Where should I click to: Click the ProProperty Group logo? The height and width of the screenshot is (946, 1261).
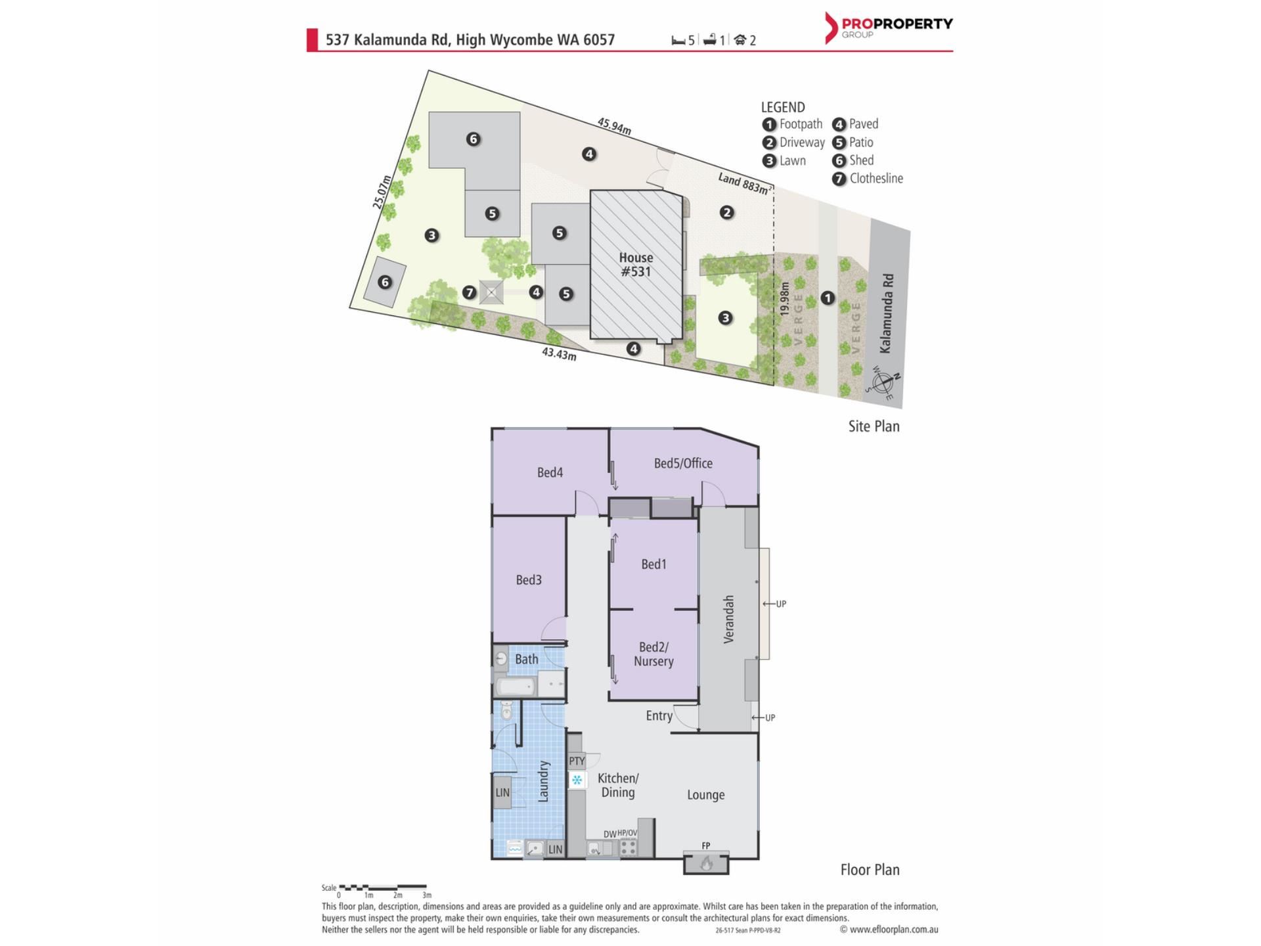888,28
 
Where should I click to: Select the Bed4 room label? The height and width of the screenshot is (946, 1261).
550,472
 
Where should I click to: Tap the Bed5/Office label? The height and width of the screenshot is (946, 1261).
683,463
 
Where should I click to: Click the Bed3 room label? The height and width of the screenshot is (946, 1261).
529,579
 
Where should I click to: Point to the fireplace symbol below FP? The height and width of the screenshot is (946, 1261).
706,863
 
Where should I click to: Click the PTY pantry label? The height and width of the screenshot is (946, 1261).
577,761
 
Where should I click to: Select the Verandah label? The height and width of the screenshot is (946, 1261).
728,619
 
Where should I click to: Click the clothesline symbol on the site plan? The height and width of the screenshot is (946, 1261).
491,292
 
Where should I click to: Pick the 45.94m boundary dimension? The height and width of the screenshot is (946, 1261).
614,125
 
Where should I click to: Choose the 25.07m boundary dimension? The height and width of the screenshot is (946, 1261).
382,192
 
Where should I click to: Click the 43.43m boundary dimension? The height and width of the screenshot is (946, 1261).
559,354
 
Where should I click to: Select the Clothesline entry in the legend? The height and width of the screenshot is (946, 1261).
868,178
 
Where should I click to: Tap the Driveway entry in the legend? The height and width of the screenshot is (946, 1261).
793,142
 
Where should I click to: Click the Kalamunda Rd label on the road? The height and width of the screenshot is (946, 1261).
887,313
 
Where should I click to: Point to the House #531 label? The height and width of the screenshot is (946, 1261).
636,264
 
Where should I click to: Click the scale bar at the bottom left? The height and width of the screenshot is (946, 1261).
383,888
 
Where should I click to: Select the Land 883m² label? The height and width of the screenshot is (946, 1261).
744,183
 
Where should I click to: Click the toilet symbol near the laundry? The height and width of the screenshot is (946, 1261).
506,710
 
